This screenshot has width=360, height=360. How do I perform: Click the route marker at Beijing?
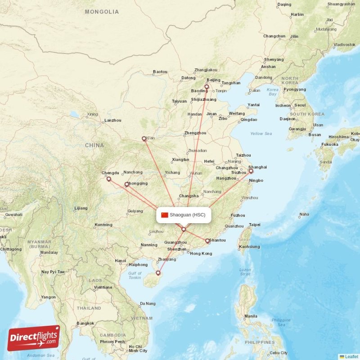[207, 87]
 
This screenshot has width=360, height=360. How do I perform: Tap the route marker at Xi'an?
[144, 139]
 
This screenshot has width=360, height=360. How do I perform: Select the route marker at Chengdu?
[108, 179]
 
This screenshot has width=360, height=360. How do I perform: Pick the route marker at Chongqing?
[127, 184]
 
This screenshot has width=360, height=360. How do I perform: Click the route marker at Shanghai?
[251, 171]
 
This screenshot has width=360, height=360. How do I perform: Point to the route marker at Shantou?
[207, 241]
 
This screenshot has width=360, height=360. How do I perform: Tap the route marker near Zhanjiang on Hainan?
[158, 273]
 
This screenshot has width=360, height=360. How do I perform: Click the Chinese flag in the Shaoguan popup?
[164, 215]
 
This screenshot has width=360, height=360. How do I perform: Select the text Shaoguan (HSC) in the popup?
[187, 215]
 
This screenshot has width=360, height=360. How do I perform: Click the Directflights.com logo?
[34, 338]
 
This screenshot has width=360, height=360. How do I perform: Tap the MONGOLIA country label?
[102, 12]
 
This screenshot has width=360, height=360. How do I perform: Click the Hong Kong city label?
[201, 253]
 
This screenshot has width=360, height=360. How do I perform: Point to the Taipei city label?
[254, 225]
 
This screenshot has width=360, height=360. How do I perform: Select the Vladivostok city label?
[344, 45]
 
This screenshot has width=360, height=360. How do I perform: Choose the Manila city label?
[251, 316]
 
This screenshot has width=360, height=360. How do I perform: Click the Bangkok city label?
[85, 323]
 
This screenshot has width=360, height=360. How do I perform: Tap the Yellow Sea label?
[261, 134]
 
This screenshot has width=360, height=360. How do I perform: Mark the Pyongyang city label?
[295, 89]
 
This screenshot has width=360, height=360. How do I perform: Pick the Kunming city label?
[103, 225]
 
